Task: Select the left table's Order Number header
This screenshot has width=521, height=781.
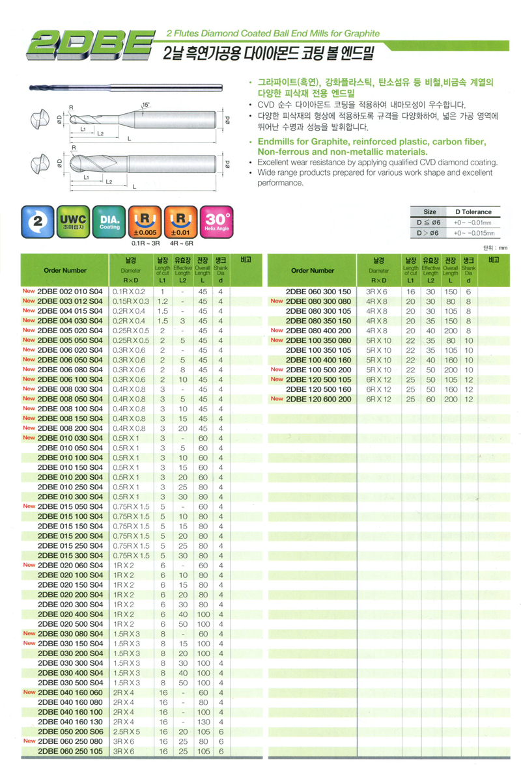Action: (x=65, y=270)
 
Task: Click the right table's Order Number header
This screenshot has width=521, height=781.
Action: (x=313, y=270)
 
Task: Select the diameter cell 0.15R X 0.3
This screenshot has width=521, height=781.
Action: (x=131, y=302)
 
